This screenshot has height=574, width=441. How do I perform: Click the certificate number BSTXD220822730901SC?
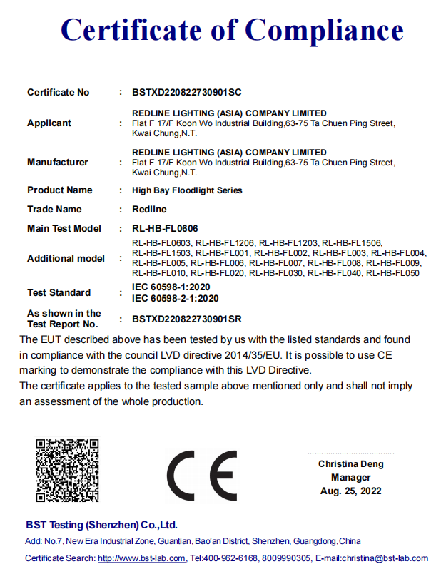click(188, 92)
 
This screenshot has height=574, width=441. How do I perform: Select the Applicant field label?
click(49, 123)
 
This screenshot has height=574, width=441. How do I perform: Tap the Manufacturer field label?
click(58, 162)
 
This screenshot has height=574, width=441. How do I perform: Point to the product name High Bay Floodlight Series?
click(188, 190)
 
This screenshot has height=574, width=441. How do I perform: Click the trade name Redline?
click(150, 210)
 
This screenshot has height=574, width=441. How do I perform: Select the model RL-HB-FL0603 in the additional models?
click(162, 243)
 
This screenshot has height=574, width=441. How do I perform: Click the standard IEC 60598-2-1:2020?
click(176, 298)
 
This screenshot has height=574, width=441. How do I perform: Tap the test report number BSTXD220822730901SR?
click(188, 319)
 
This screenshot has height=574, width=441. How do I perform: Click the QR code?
click(67, 471)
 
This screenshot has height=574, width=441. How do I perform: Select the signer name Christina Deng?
click(350, 464)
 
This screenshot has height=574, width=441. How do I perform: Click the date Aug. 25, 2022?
click(350, 491)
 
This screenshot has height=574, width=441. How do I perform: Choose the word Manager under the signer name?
click(350, 478)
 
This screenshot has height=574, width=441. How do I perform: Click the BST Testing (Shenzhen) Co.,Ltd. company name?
click(101, 525)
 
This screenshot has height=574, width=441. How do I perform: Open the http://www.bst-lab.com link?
click(141, 558)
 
